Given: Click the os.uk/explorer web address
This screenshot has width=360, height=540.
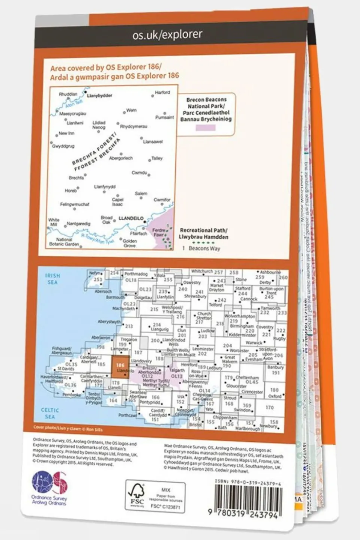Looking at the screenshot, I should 167,35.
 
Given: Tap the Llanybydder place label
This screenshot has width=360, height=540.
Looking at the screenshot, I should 99,96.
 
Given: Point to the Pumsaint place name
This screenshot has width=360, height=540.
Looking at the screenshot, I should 164,117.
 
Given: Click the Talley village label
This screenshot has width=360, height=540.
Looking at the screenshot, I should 157,158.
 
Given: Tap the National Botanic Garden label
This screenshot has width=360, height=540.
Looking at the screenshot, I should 64,242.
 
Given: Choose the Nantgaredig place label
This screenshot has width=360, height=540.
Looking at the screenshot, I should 78,224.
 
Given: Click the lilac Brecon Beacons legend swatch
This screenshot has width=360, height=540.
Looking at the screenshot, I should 206,128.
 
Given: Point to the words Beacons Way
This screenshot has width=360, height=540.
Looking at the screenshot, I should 204,248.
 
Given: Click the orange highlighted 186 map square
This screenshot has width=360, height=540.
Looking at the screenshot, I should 121,368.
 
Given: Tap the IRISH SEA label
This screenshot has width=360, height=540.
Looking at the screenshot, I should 52,279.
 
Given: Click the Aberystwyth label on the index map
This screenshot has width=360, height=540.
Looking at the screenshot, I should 109,322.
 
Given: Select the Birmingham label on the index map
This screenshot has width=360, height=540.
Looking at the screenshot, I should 242,326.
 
